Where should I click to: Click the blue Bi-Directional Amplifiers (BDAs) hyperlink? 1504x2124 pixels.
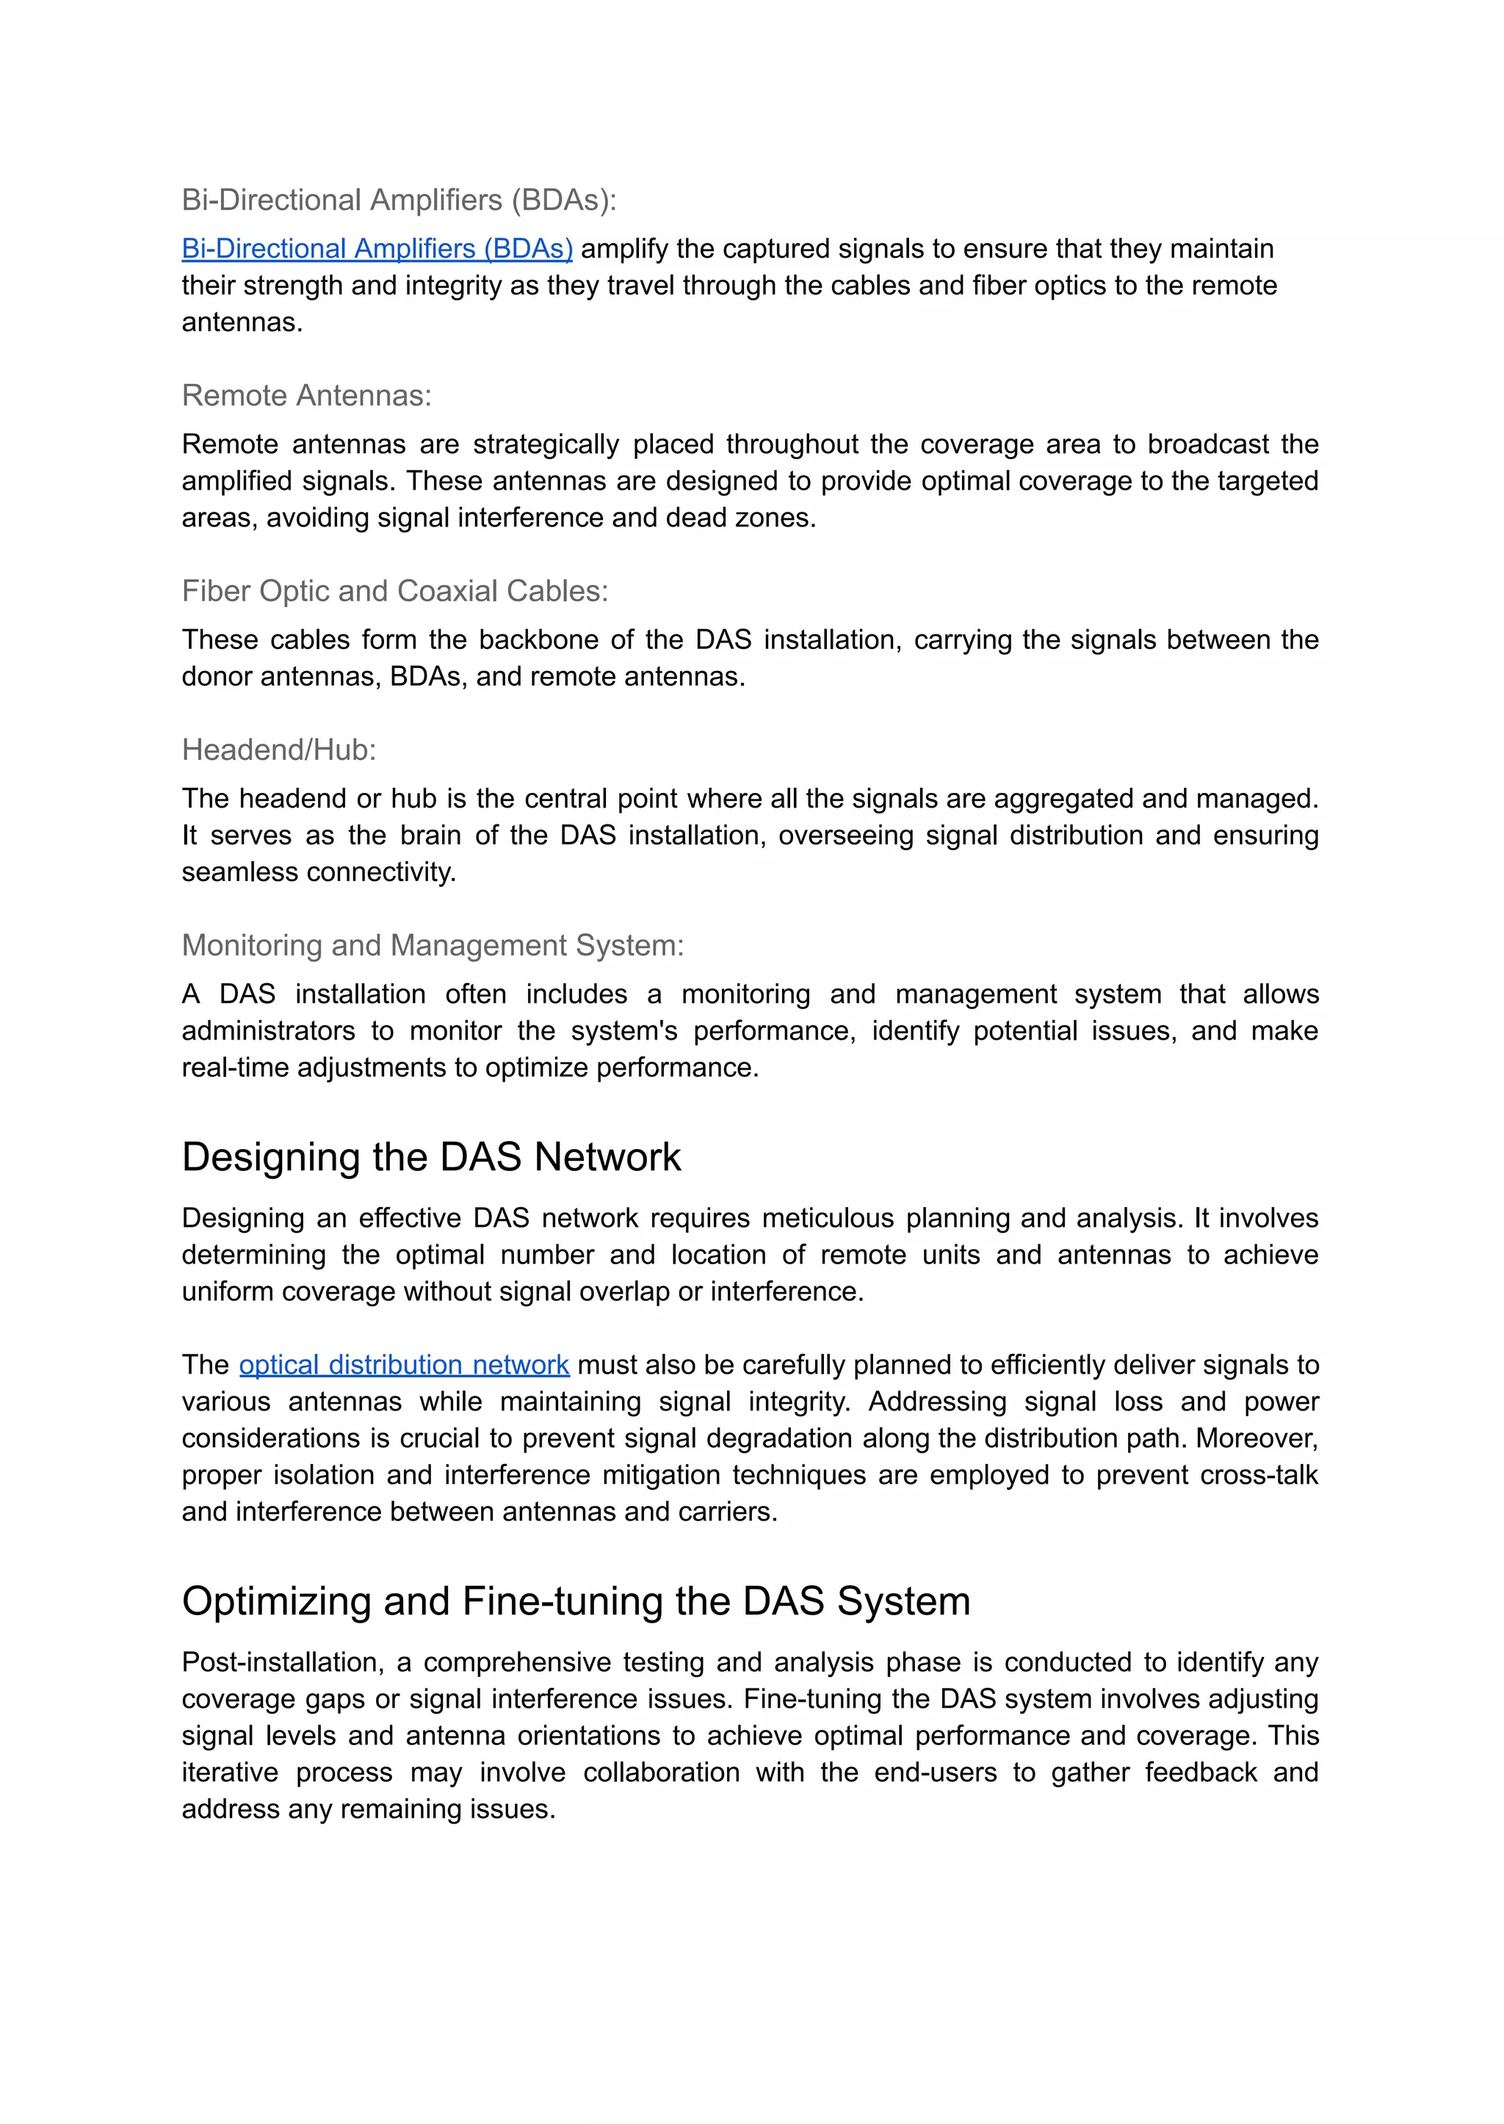[377, 249]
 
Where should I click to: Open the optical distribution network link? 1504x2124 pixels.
[404, 1365]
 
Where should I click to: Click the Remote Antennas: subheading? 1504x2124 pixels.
[306, 395]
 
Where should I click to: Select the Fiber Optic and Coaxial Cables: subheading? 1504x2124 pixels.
[394, 591]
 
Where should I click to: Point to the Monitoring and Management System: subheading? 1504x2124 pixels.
[433, 946]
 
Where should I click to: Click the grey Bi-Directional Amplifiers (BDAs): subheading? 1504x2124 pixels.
[398, 200]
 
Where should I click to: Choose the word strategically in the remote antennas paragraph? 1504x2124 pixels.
[546, 444]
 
